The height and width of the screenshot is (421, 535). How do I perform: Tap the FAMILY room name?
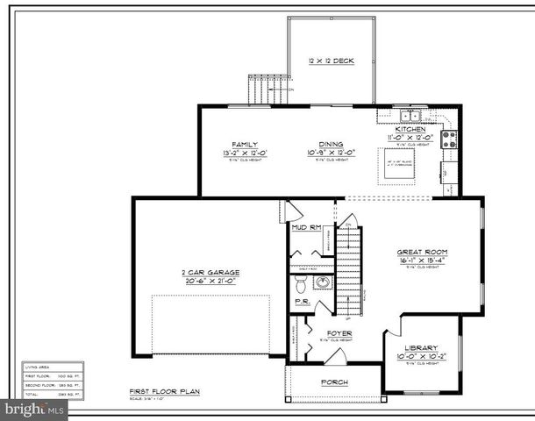click(243, 144)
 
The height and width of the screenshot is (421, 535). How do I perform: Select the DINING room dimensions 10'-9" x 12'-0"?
click(331, 153)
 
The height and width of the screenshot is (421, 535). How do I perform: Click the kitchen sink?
click(410, 115)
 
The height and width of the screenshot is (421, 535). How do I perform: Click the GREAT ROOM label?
click(423, 251)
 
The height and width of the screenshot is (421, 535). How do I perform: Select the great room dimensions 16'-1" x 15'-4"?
click(423, 260)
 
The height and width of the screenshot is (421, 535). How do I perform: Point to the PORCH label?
click(333, 382)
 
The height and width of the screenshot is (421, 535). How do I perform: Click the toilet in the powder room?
click(301, 283)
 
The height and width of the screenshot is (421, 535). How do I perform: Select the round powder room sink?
click(322, 282)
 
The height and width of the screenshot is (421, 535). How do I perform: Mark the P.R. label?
click(301, 302)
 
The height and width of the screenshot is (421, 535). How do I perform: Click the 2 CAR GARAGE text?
click(210, 272)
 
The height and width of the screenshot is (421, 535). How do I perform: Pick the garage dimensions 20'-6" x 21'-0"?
click(210, 281)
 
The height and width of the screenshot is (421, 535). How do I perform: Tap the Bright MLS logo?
click(35, 408)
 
